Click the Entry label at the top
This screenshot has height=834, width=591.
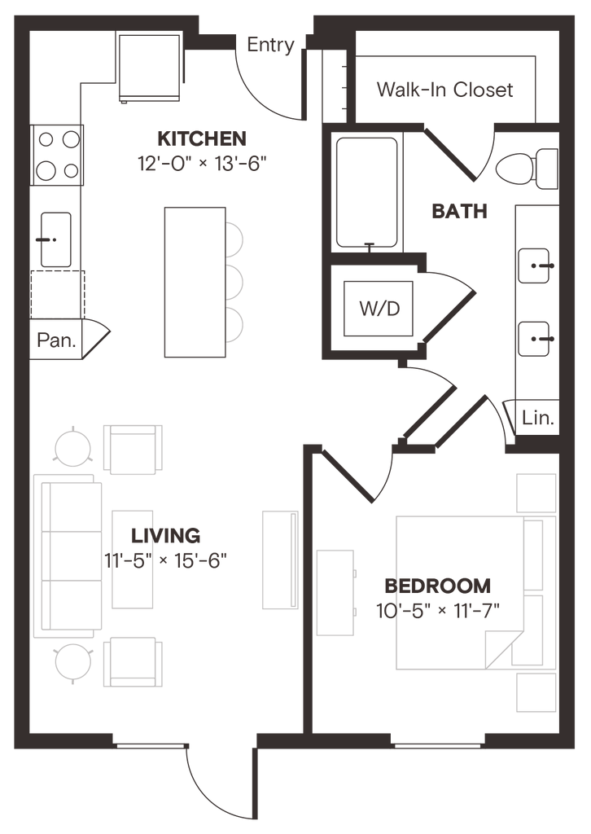click(x=271, y=46)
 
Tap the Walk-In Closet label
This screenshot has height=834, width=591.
click(x=444, y=89)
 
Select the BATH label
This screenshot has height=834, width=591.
click(x=459, y=213)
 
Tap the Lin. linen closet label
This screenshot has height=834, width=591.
click(x=538, y=420)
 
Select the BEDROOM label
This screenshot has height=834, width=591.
click(x=437, y=586)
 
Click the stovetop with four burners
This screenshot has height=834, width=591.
click(x=56, y=156)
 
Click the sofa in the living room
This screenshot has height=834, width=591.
click(x=68, y=555)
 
